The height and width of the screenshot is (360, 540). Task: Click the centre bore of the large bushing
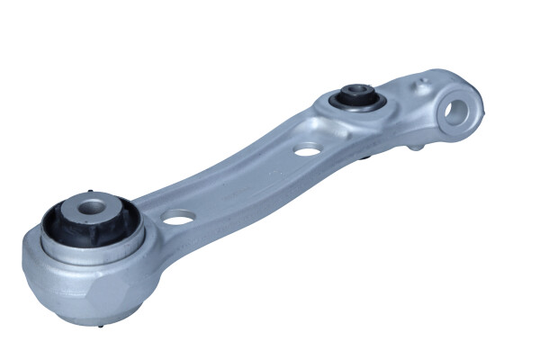[91, 209]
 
